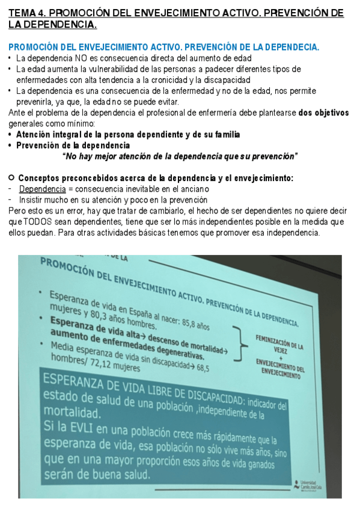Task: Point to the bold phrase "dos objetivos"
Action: coord(323,112)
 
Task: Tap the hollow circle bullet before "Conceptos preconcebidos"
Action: coord(11,178)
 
